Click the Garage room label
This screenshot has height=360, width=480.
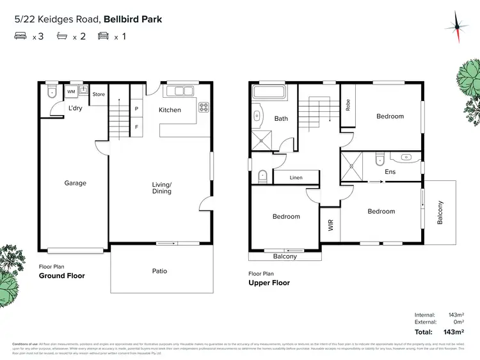(x=75, y=184)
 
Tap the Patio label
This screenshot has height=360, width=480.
(x=159, y=271)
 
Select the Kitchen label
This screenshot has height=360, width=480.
(x=170, y=110)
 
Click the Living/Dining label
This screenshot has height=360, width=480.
(x=161, y=188)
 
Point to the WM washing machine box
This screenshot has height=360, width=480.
(x=70, y=92)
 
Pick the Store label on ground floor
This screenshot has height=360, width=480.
(x=99, y=95)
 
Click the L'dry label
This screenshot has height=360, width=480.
(x=76, y=109)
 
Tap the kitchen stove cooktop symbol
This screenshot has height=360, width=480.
(x=204, y=107)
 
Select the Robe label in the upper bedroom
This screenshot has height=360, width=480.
(x=348, y=104)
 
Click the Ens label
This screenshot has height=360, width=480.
(x=390, y=172)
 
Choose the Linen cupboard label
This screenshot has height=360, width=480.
(x=296, y=178)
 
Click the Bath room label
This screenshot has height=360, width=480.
(x=282, y=119)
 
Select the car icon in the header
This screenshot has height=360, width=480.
(x=102, y=36)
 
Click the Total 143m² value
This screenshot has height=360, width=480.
(x=451, y=332)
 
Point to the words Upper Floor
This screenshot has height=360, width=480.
(x=269, y=283)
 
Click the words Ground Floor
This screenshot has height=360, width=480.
(x=61, y=276)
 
